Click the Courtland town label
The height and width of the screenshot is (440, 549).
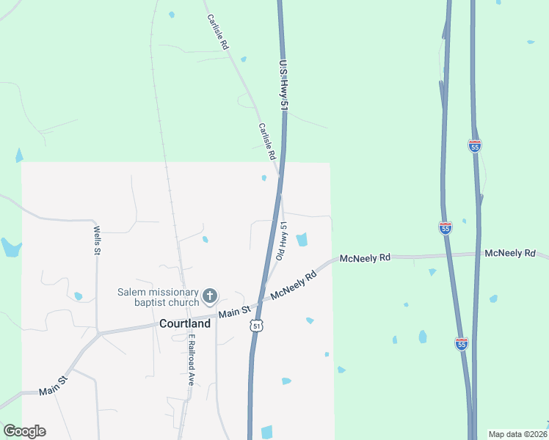click(185, 323)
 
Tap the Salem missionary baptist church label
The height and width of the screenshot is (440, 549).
click(158, 297)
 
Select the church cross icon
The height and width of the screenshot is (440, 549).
click(210, 296)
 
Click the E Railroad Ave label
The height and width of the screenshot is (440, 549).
click(191, 360)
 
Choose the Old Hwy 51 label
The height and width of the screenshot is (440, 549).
click(281, 241)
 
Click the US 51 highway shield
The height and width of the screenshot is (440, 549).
click(255, 325)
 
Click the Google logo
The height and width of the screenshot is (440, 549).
click(24, 431)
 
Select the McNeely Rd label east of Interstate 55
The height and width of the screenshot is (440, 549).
click(509, 253)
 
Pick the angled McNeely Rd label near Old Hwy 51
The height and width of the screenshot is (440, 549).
click(293, 285)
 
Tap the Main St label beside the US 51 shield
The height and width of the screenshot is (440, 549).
click(236, 313)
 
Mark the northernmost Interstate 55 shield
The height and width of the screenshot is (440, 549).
click(475, 146)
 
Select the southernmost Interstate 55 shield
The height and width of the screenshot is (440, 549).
click(460, 343)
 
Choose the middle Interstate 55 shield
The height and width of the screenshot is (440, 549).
click(446, 228)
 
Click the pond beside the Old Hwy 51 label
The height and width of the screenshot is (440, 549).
click(302, 239)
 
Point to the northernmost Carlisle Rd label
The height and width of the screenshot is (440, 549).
click(218, 32)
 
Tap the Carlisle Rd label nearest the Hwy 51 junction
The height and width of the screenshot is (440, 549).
click(266, 142)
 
